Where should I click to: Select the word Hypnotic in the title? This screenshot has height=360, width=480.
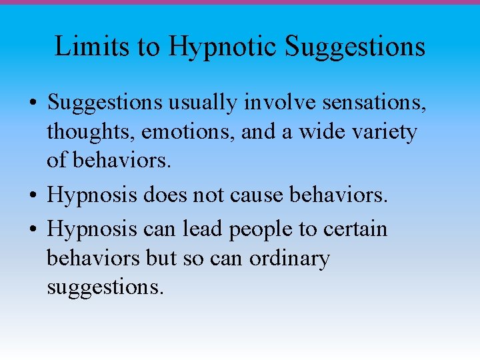(x=223, y=47)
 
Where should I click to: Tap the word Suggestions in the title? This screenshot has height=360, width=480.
(x=355, y=47)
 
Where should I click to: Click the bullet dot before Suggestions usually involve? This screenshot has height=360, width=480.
(x=33, y=104)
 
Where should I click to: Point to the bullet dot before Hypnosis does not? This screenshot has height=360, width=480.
(x=33, y=196)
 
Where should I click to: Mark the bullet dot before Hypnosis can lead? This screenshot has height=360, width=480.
(x=33, y=230)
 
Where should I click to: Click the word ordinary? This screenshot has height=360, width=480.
(x=289, y=259)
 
